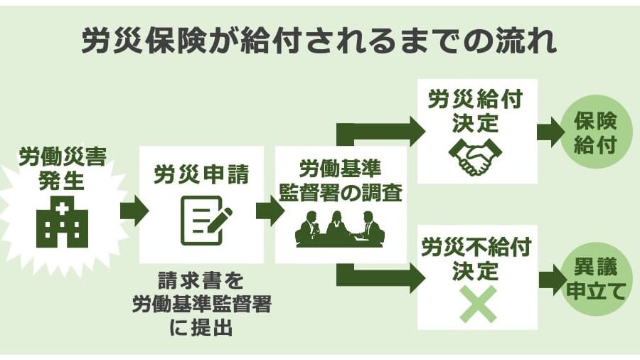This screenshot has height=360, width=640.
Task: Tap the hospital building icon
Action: (x=62, y=223)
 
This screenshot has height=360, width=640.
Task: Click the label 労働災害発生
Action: (x=62, y=168)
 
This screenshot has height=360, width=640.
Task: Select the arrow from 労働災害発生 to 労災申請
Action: (x=132, y=211)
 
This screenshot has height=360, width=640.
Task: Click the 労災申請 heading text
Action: (x=201, y=174)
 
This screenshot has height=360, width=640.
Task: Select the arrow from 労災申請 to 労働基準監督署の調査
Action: (x=269, y=211)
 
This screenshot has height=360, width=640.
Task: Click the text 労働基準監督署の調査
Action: (x=341, y=181)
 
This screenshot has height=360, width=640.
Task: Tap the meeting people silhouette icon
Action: (x=341, y=228)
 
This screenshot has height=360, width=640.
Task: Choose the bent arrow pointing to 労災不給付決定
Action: (x=377, y=277)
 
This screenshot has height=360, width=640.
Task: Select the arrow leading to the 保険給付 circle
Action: (x=549, y=132)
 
